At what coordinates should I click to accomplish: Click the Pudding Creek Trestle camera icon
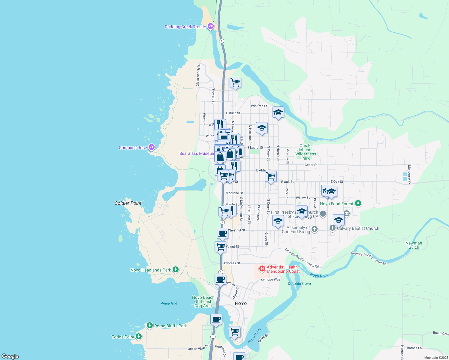211,26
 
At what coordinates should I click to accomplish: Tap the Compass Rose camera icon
152,147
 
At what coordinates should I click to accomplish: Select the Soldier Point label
128,203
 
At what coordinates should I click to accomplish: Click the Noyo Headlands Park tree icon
176,270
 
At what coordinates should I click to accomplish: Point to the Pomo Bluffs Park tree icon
150,325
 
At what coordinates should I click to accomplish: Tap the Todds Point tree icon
139,337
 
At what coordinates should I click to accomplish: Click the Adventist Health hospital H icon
262,268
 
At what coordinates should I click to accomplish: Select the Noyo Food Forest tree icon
358,203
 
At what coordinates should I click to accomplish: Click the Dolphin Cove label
299,283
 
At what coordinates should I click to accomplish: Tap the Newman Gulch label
414,245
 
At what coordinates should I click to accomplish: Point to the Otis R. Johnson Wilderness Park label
306,152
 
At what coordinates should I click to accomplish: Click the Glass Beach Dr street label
198,75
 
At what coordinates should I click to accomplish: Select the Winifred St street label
259,106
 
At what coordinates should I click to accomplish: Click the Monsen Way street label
409,174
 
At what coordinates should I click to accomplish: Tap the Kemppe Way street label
270,279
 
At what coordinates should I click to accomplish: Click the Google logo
10,356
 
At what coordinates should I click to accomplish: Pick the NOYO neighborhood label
241,304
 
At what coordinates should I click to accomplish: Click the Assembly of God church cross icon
314,229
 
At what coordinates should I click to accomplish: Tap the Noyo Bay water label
169,304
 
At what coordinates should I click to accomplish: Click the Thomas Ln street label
413,348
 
